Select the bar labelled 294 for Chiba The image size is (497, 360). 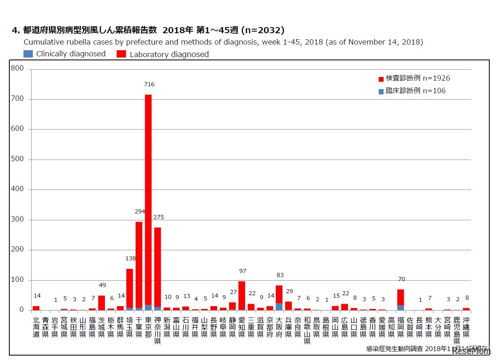tap(139, 263)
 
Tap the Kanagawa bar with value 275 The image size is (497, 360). tap(158, 267)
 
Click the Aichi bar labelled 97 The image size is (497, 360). tap(242, 296)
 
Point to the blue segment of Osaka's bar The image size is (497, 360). tap(279, 307)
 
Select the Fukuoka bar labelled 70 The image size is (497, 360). tap(401, 298)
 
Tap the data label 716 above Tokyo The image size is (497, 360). tap(149, 84)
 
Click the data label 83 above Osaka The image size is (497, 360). tap(280, 275)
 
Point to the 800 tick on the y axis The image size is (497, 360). tap(18, 69)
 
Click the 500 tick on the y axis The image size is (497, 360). tap(18, 159)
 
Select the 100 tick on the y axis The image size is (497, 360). tap(18, 280)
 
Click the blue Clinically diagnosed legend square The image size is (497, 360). tap(28, 53)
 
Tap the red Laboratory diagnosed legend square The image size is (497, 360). tap(121, 54)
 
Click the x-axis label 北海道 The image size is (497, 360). tap(36, 327)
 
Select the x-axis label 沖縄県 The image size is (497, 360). tap(466, 327)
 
